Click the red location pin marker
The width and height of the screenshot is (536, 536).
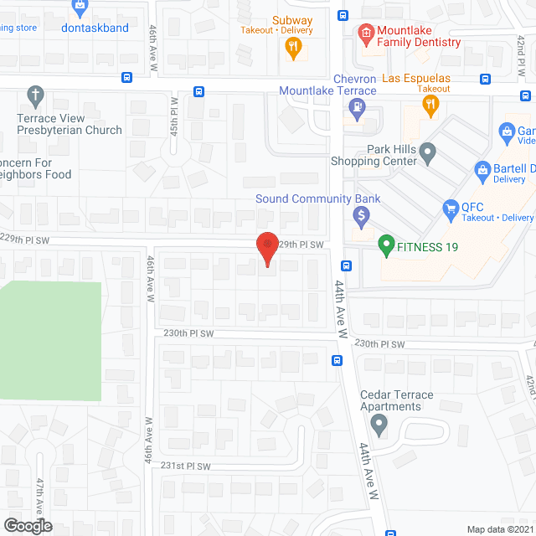pyautogui.click(x=267, y=248)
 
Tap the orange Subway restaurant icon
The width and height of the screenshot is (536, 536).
pyautogui.click(x=292, y=49)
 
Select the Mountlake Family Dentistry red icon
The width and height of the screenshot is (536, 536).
pyautogui.click(x=364, y=33)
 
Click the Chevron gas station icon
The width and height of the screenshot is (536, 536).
pyautogui.click(x=358, y=106)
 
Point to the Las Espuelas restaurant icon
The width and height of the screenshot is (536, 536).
pyautogui.click(x=430, y=104)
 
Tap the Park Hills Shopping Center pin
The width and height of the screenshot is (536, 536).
pyautogui.click(x=428, y=153)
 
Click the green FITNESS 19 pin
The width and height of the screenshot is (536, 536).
pyautogui.click(x=386, y=246)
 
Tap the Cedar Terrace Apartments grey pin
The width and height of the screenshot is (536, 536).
pyautogui.click(x=379, y=426)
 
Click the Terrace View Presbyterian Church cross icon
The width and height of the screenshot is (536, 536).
pyautogui.click(x=35, y=95)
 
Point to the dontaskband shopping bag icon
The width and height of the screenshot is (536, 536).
pyautogui.click(x=80, y=8)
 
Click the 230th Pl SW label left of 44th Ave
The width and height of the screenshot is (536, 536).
pyautogui.click(x=189, y=333)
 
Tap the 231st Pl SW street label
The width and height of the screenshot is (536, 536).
pyautogui.click(x=185, y=466)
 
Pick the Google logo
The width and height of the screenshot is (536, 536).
pyautogui.click(x=27, y=525)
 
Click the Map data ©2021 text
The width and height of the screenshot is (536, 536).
pyautogui.click(x=499, y=528)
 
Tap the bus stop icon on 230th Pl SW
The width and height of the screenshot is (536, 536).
pyautogui.click(x=336, y=361)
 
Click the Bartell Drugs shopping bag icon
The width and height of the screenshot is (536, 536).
pyautogui.click(x=482, y=171)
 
